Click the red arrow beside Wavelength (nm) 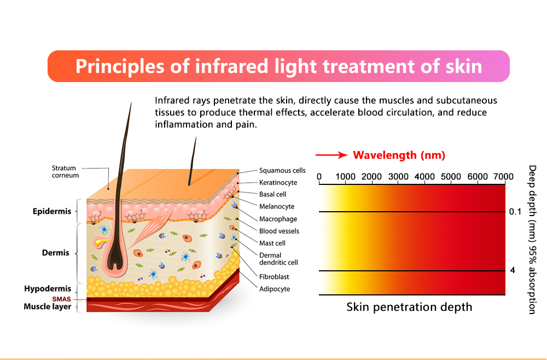(x=331, y=155)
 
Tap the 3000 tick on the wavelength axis (x=398, y=177)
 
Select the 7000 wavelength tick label (x=503, y=177)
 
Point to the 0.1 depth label (x=515, y=212)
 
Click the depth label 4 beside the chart (x=513, y=270)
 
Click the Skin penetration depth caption (x=409, y=307)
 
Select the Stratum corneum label (x=65, y=172)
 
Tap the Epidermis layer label (x=52, y=211)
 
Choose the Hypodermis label (x=48, y=289)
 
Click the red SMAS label (x=61, y=299)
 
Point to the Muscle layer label (x=48, y=306)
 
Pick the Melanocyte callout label (x=277, y=206)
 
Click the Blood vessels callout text (x=279, y=231)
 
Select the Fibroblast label (x=274, y=277)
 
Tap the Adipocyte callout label (x=275, y=289)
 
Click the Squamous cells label (x=282, y=170)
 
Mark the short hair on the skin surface (x=192, y=161)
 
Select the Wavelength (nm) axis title (x=399, y=155)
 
